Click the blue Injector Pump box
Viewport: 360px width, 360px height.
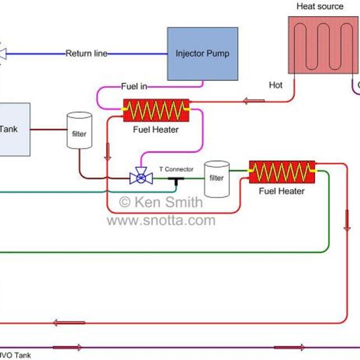(x=202, y=54)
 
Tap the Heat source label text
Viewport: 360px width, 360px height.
(x=320, y=7)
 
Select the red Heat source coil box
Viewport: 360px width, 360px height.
(x=323, y=45)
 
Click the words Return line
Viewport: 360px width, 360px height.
(x=87, y=54)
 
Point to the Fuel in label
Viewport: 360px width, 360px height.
(x=134, y=86)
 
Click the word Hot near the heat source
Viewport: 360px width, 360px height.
(x=275, y=86)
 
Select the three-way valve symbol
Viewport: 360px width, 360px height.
(x=141, y=177)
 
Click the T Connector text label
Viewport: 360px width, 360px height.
(x=176, y=169)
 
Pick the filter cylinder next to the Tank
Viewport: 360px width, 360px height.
(x=79, y=131)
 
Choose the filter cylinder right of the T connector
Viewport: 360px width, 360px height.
(x=217, y=179)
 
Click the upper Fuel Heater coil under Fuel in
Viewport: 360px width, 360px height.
(x=156, y=111)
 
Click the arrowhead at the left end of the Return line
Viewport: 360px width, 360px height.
(x=2, y=54)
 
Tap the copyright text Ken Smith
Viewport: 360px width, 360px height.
(x=161, y=202)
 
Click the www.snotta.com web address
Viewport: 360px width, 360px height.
(x=161, y=220)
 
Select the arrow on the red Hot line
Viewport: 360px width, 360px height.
(x=254, y=101)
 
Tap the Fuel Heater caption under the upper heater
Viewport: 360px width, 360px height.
(x=156, y=130)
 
